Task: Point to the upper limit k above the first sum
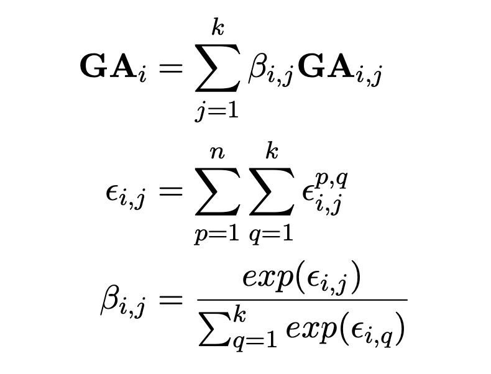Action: tap(216, 27)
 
